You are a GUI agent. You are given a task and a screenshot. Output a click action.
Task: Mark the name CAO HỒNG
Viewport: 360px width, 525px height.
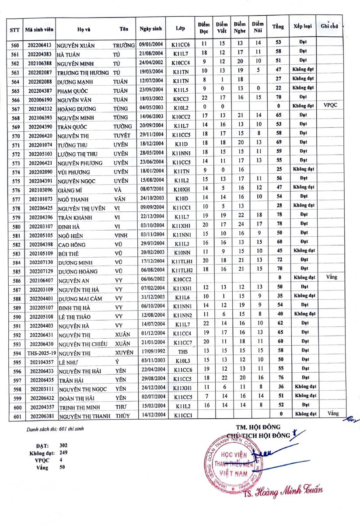tap(72, 245)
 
